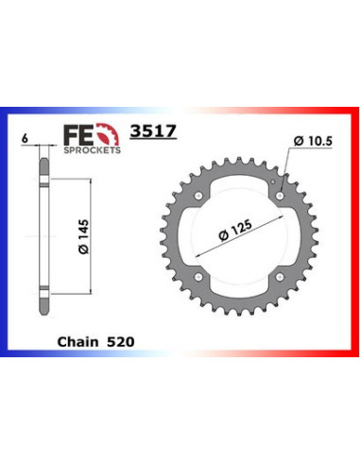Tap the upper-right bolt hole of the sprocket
281,193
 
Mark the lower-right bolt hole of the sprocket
281,274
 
